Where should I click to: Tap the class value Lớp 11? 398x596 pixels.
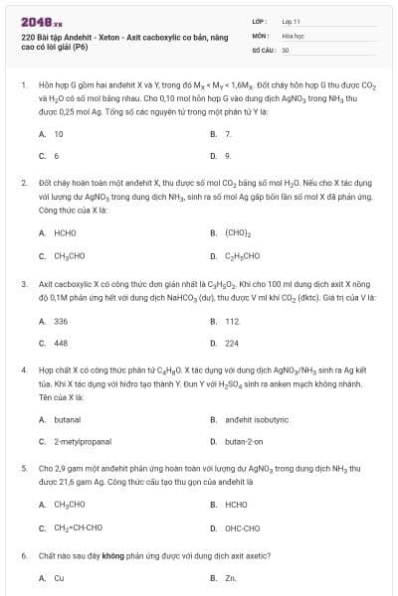(x=292, y=20)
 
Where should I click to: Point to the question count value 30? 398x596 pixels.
(x=286, y=49)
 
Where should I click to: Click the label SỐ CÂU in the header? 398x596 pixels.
(x=262, y=49)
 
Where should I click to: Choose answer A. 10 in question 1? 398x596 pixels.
(x=58, y=133)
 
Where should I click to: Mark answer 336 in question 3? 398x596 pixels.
(x=61, y=321)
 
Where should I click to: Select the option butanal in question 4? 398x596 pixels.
(x=67, y=419)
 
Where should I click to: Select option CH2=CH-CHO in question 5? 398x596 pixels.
(x=78, y=527)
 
